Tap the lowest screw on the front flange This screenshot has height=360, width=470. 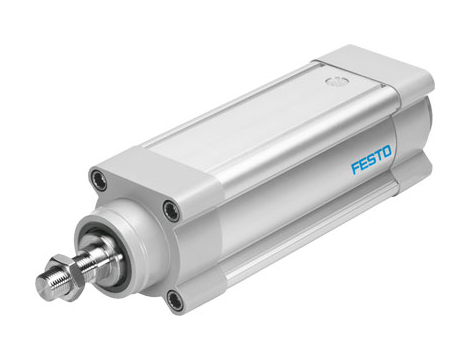click(176, 299)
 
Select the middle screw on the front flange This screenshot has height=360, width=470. click(172, 211)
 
